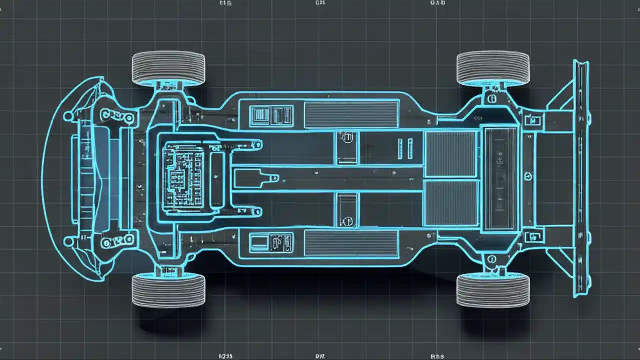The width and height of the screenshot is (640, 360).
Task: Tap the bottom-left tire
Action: (168, 290)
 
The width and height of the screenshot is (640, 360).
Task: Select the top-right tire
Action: (493, 67)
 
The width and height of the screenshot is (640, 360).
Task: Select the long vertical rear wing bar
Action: (581, 178)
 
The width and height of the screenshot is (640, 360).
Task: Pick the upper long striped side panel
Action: (351, 114)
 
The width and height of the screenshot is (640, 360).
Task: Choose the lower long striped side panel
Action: (351, 244)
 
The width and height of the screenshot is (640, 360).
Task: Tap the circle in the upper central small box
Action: (347, 136)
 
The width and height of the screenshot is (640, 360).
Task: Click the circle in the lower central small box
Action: (347, 220)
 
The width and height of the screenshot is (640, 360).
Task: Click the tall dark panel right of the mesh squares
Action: (501, 178)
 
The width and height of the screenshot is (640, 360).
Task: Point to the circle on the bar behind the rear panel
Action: (528, 176)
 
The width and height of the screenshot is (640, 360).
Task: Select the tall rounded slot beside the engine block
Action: (218, 178)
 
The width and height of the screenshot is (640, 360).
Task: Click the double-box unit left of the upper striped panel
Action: (272, 115)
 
